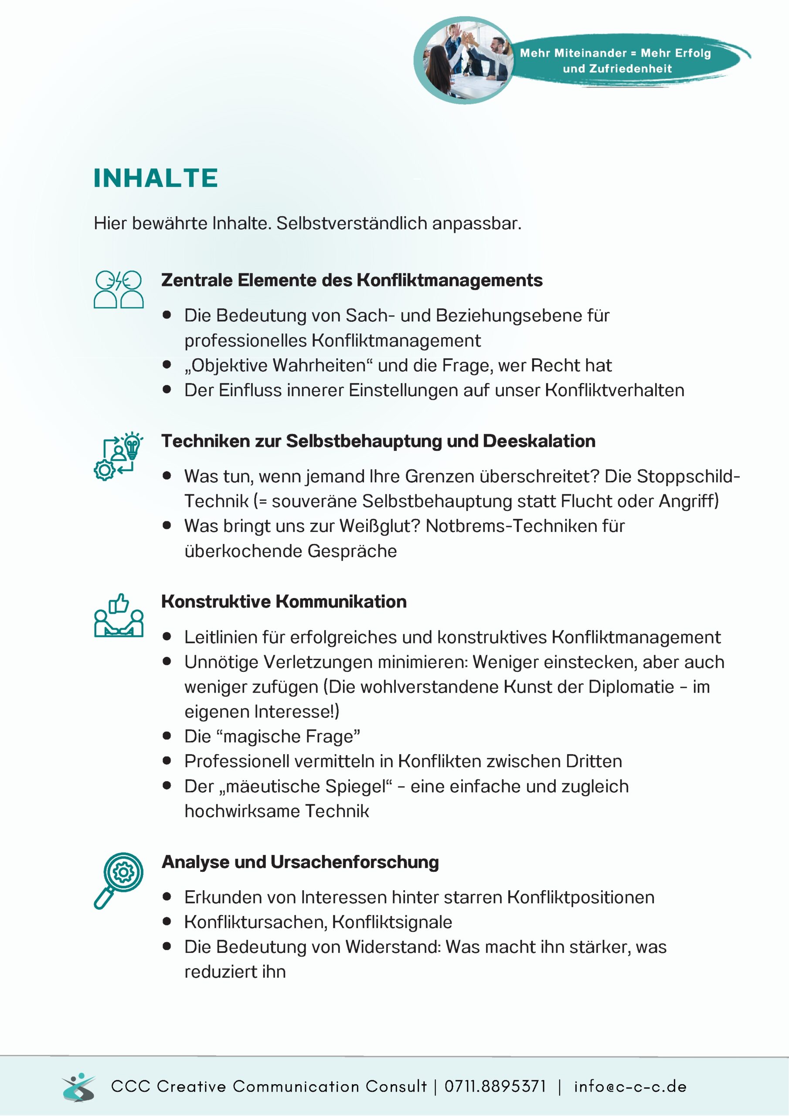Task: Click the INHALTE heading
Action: [156, 178]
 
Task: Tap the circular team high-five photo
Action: [464, 60]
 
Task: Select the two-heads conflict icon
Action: [119, 290]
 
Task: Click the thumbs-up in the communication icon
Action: [119, 604]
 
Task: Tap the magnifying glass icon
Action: [119, 880]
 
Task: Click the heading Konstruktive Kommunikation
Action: [284, 602]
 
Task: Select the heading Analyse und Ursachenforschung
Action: [300, 862]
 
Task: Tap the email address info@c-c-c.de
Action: [630, 1086]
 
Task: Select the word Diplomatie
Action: [631, 687]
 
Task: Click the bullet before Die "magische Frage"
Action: [167, 735]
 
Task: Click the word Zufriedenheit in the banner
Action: [630, 68]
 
